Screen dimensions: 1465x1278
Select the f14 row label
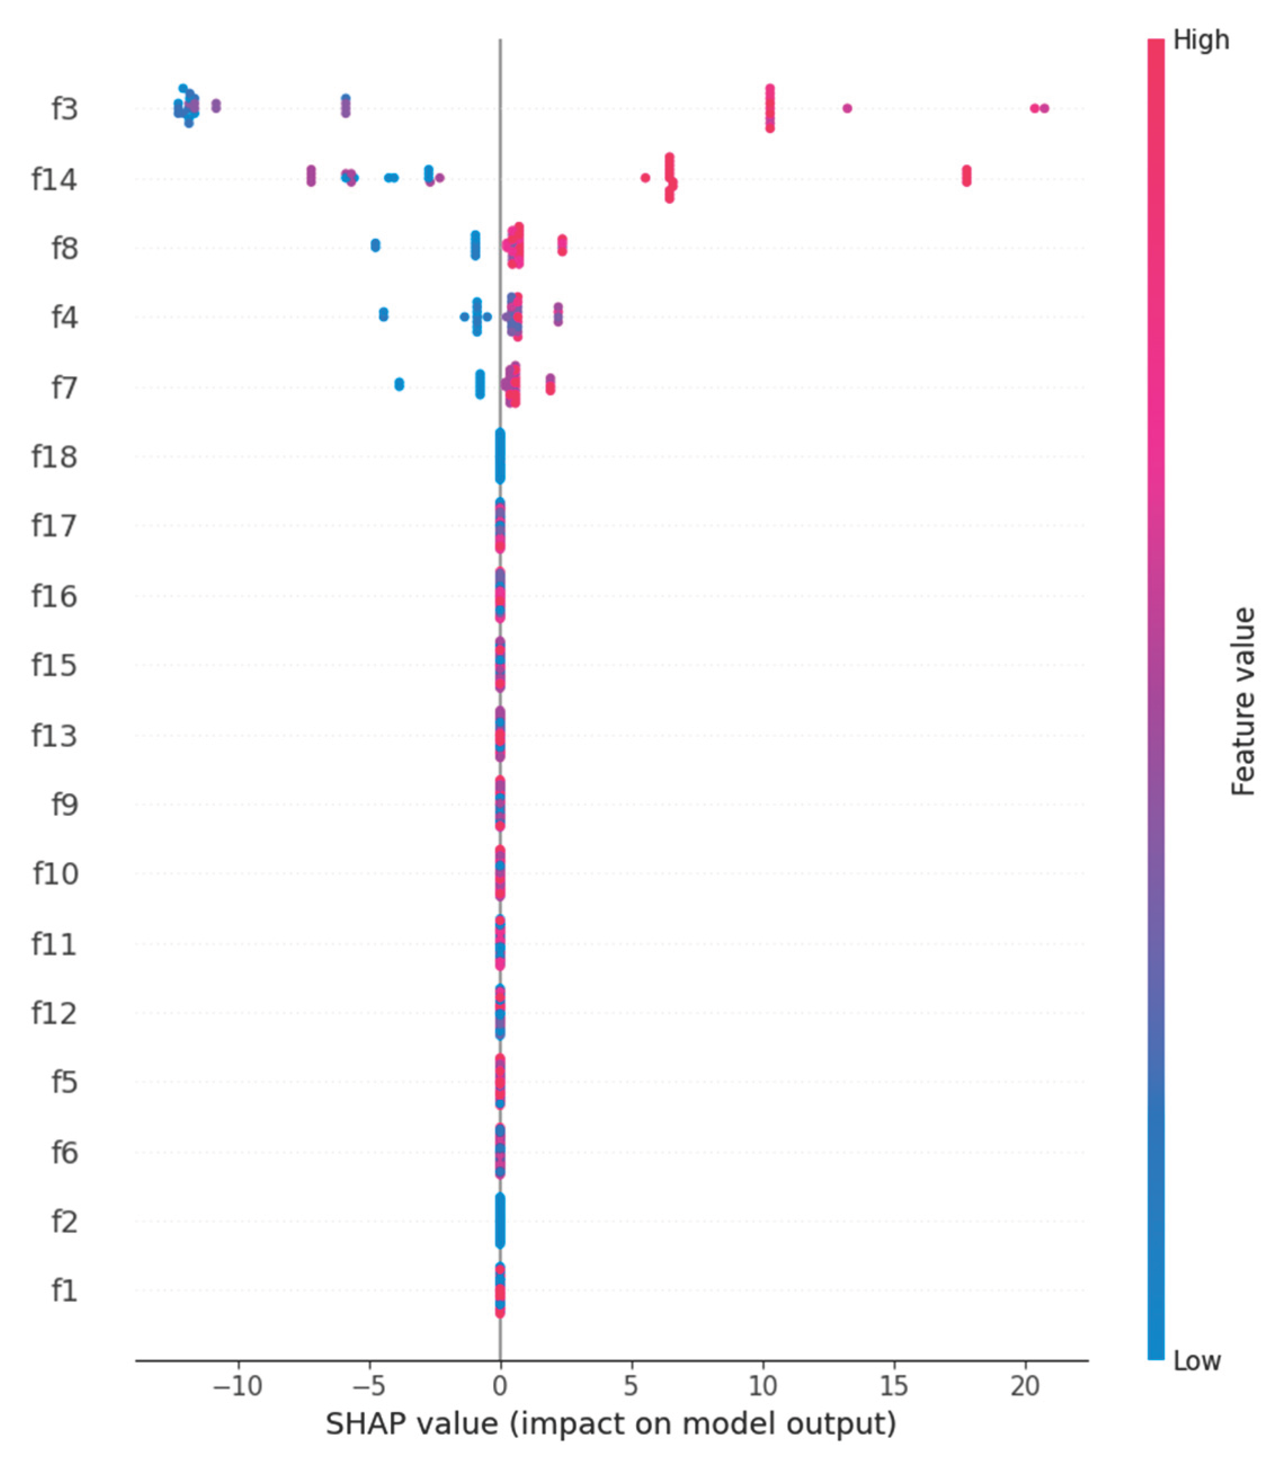pos(54,180)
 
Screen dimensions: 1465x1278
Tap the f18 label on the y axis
pos(54,457)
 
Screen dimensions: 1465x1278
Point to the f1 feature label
pos(64,1290)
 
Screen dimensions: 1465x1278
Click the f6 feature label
pos(64,1152)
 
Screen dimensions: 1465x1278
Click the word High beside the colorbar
pos(1201,41)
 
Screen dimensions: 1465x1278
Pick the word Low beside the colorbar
pos(1197,1361)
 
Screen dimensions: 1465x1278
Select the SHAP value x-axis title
pos(610,1424)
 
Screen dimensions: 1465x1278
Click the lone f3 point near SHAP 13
pos(847,109)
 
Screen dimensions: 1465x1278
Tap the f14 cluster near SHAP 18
pos(966,176)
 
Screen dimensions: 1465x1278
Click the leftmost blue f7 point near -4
pos(399,385)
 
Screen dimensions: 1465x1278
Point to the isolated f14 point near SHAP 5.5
pos(645,177)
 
